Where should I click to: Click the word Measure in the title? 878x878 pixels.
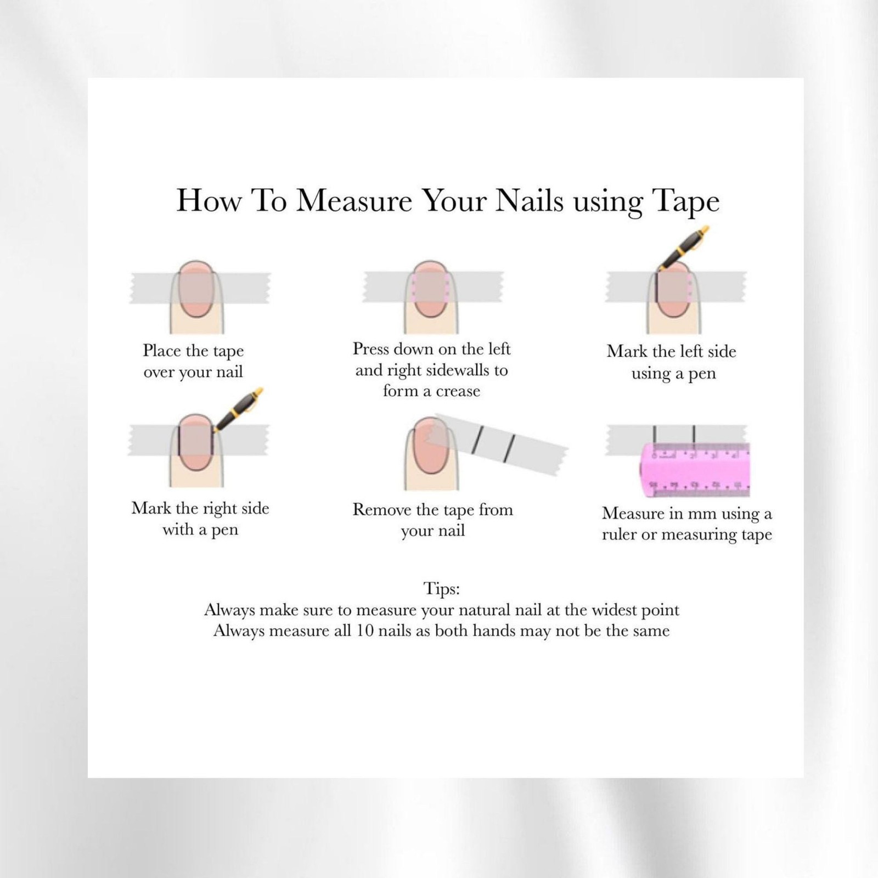coord(354,200)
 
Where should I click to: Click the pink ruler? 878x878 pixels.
coord(695,470)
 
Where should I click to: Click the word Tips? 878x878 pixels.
coord(442,589)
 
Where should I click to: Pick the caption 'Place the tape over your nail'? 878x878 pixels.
coord(193,361)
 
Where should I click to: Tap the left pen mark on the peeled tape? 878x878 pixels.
coord(477,436)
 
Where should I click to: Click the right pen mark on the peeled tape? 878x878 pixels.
coord(509,446)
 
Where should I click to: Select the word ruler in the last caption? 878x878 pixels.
coord(619,534)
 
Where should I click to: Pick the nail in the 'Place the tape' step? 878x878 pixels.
coord(196,289)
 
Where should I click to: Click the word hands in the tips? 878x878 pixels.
coord(494,631)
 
